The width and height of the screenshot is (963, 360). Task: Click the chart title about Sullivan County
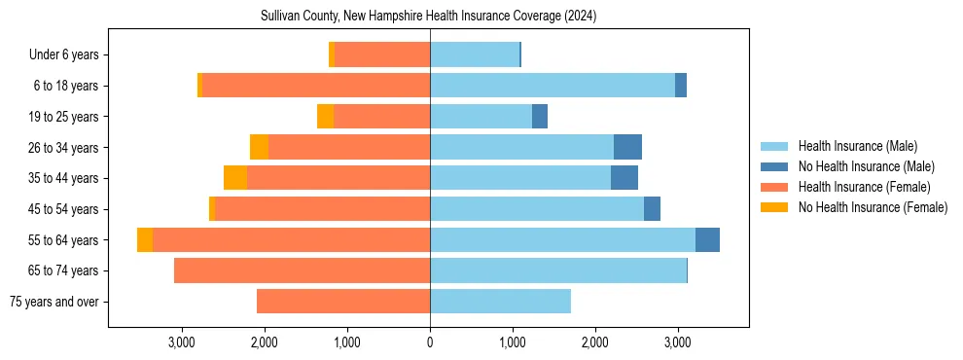[x=428, y=17]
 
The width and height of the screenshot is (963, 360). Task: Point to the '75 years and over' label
[x=53, y=302]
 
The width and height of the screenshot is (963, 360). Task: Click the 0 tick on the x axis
[x=430, y=342]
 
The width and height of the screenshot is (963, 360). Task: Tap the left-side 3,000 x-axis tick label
[x=182, y=342]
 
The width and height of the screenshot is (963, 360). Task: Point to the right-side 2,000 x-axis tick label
[x=595, y=342]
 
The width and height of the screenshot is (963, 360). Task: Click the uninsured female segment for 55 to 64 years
[x=145, y=240]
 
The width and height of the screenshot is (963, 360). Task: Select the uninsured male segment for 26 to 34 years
[x=627, y=148]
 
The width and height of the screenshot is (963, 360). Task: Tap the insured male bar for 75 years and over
[x=500, y=302]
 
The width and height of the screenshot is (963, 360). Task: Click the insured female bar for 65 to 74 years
[x=302, y=270]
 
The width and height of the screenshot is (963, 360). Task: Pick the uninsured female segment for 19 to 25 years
[x=325, y=117]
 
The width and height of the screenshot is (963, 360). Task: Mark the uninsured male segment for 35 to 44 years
[x=624, y=178]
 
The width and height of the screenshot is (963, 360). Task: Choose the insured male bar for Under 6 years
[x=475, y=55]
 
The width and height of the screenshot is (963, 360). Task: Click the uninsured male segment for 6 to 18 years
[x=681, y=86]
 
